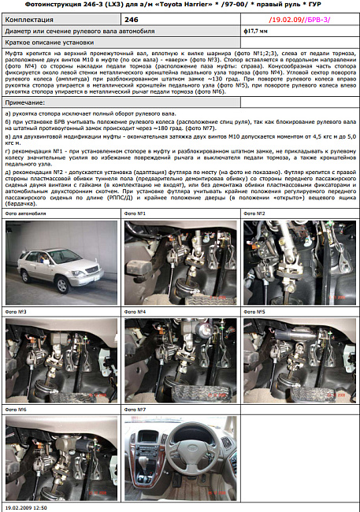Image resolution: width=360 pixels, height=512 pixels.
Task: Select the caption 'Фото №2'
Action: pyautogui.click(x=255, y=214)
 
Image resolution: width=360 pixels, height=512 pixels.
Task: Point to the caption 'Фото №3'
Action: pyautogui.click(x=17, y=312)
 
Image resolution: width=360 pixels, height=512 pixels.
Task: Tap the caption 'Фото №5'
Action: pyautogui.click(x=255, y=312)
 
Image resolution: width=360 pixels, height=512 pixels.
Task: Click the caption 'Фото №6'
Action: pyautogui.click(x=17, y=410)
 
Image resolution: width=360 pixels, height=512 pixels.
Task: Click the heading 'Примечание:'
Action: pyautogui.click(x=26, y=102)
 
